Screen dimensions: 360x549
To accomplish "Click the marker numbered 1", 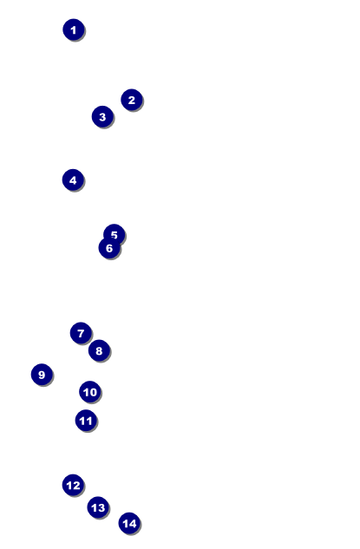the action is (74, 29).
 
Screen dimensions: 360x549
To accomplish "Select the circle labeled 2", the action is (132, 100).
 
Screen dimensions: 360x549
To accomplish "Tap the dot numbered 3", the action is (102, 116).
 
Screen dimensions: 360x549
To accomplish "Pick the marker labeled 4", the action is (73, 180).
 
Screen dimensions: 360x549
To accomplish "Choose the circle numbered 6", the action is (109, 248).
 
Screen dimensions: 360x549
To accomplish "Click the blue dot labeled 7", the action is (81, 333).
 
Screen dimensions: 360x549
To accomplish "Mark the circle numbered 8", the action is (99, 350).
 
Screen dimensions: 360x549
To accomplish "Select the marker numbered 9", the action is (42, 375).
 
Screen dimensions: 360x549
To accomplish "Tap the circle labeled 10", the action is (90, 392).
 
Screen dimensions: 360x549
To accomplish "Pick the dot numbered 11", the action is (86, 421).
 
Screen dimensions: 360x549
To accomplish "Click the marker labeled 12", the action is (73, 486).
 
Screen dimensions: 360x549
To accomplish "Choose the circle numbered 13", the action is (98, 507).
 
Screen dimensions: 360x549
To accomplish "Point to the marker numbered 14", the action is (129, 524).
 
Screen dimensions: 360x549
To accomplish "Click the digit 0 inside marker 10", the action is (93, 392).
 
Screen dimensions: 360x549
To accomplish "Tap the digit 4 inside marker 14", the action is (133, 524).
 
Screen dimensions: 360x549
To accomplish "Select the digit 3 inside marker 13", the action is (101, 507).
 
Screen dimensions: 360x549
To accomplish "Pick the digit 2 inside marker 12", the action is (76, 486).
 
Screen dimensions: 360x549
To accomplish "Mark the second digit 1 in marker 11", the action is (89, 421).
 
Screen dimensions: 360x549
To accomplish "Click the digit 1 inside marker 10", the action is (86, 392).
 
